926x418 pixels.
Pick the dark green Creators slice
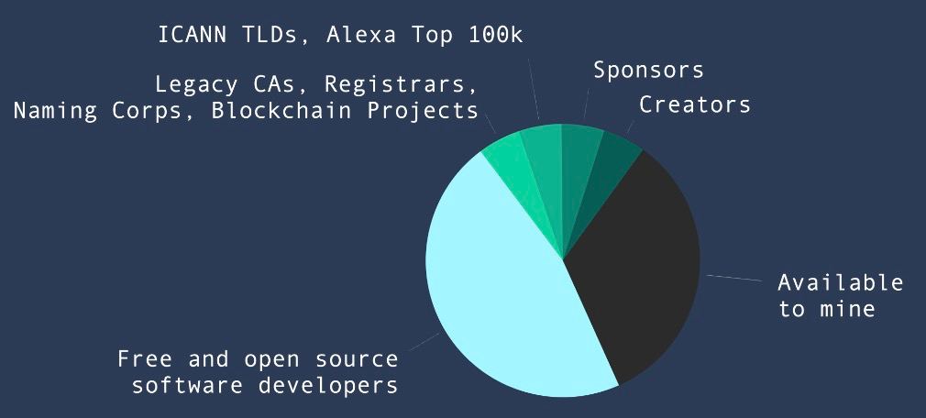(x=608, y=177)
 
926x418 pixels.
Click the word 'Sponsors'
(x=648, y=71)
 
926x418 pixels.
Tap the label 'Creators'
(x=695, y=104)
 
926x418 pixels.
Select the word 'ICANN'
(x=192, y=35)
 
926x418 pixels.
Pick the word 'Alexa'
(x=361, y=35)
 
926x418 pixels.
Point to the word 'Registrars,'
(x=401, y=85)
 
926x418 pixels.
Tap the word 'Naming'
(x=55, y=111)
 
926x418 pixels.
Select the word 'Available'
(x=841, y=283)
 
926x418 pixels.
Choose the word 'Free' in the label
(x=145, y=359)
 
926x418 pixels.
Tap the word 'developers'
(x=327, y=386)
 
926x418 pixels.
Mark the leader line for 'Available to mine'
(x=734, y=278)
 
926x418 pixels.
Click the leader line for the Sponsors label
(x=587, y=104)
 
